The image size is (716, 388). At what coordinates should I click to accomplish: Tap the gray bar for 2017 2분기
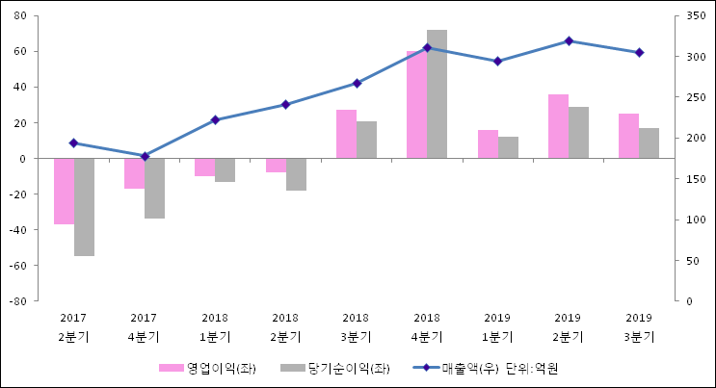[x=84, y=206]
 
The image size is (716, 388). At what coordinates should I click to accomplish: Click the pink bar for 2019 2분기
[x=558, y=126]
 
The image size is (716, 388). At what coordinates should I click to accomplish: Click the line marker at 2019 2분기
[x=569, y=40]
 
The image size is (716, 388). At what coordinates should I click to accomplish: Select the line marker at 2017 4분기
[x=145, y=156]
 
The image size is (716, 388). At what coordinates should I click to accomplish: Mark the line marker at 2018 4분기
[x=427, y=47]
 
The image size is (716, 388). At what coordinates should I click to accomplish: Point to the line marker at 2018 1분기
[x=215, y=120]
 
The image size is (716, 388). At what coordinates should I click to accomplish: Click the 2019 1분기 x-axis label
[x=497, y=326]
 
